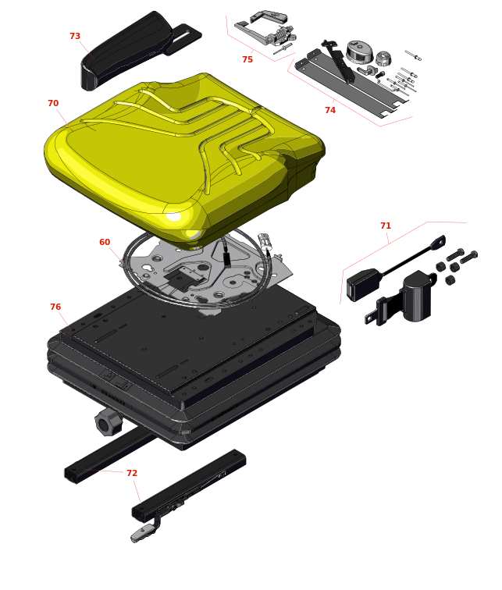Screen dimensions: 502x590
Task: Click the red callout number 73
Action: tap(75, 36)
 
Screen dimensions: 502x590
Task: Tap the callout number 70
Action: tap(53, 103)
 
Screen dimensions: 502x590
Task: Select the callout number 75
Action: tap(247, 59)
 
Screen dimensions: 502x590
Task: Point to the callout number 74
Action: tap(330, 110)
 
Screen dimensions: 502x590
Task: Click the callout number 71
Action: tap(386, 226)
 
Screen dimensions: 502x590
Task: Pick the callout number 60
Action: tap(105, 242)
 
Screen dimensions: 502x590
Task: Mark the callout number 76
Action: tap(55, 307)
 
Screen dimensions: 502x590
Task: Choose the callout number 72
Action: tap(132, 473)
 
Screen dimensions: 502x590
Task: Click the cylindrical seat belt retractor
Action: tap(417, 296)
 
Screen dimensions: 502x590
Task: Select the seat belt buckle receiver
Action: tap(363, 284)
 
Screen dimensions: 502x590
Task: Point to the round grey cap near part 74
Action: tap(359, 52)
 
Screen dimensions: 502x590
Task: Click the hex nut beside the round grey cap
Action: tap(384, 58)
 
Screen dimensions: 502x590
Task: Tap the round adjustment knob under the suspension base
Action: tap(109, 422)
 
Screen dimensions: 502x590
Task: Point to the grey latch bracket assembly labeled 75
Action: tap(266, 30)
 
